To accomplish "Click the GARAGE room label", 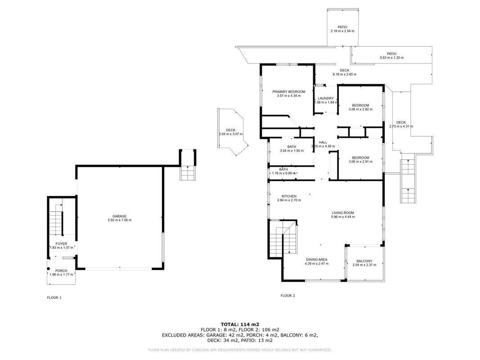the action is click(119, 216).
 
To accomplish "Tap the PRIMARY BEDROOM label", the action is click(289, 92).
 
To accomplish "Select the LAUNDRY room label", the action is click(326, 98).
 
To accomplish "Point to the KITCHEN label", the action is click(289, 196).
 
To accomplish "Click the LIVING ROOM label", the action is click(343, 213).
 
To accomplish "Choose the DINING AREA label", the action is click(317, 260).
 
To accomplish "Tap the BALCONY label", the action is click(364, 261).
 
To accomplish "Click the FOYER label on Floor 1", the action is click(61, 243).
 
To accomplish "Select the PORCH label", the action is click(61, 270).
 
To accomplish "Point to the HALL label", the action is click(323, 142).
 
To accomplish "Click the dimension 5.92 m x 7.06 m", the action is click(119, 220).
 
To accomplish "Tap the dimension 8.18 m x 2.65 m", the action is click(345, 74).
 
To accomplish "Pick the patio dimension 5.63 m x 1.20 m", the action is click(391, 58).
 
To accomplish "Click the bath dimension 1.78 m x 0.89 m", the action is click(283, 173).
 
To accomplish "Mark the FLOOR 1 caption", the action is click(54, 297).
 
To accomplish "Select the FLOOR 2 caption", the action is click(288, 296).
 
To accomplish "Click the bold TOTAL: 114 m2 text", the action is click(240, 324).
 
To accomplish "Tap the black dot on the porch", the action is click(49, 269).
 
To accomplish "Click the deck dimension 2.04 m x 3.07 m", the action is click(230, 134).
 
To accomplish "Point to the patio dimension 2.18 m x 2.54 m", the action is click(342, 31).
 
